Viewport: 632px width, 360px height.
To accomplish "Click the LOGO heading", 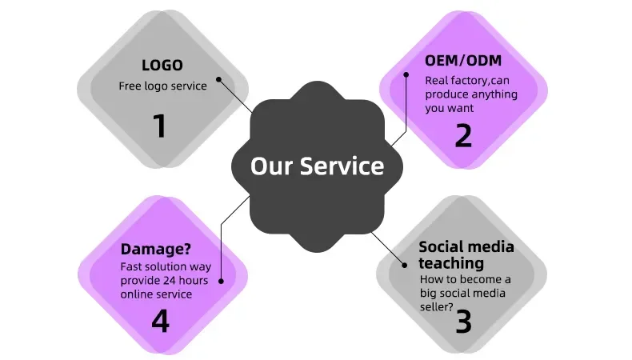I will tap(162, 66).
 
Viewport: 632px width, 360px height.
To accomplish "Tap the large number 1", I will tap(161, 126).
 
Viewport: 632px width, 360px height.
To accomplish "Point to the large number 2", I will tap(463, 135).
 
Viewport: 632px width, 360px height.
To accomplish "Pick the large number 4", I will tap(160, 320).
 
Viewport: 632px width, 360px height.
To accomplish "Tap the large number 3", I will tap(463, 322).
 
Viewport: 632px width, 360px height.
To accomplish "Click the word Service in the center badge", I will tap(342, 166).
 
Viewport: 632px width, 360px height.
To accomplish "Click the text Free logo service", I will tap(162, 86).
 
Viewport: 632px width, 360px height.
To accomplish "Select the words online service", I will tap(156, 294).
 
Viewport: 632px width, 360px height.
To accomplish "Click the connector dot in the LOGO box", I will tap(220, 79).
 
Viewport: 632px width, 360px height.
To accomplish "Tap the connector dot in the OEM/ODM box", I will tap(406, 75).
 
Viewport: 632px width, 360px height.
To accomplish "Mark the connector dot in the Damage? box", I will tap(220, 282).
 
